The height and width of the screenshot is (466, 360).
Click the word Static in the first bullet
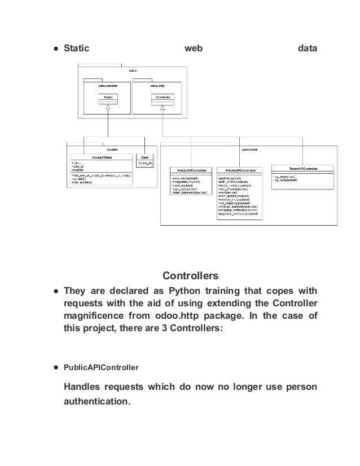[77, 50]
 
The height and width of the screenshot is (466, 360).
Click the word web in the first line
[194, 50]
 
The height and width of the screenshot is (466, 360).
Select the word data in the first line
[308, 50]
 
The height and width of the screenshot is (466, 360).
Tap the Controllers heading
[190, 276]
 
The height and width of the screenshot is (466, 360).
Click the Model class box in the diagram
[108, 98]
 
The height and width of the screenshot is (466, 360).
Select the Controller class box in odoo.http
[163, 98]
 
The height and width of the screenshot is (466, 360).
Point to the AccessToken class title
[100, 158]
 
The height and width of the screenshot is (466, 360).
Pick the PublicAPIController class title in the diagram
[191, 169]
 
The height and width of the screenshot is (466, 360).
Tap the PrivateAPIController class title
[239, 169]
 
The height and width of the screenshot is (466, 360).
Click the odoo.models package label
[107, 85]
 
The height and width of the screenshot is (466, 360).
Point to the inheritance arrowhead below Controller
[163, 107]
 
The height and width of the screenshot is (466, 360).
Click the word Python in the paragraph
[186, 292]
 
